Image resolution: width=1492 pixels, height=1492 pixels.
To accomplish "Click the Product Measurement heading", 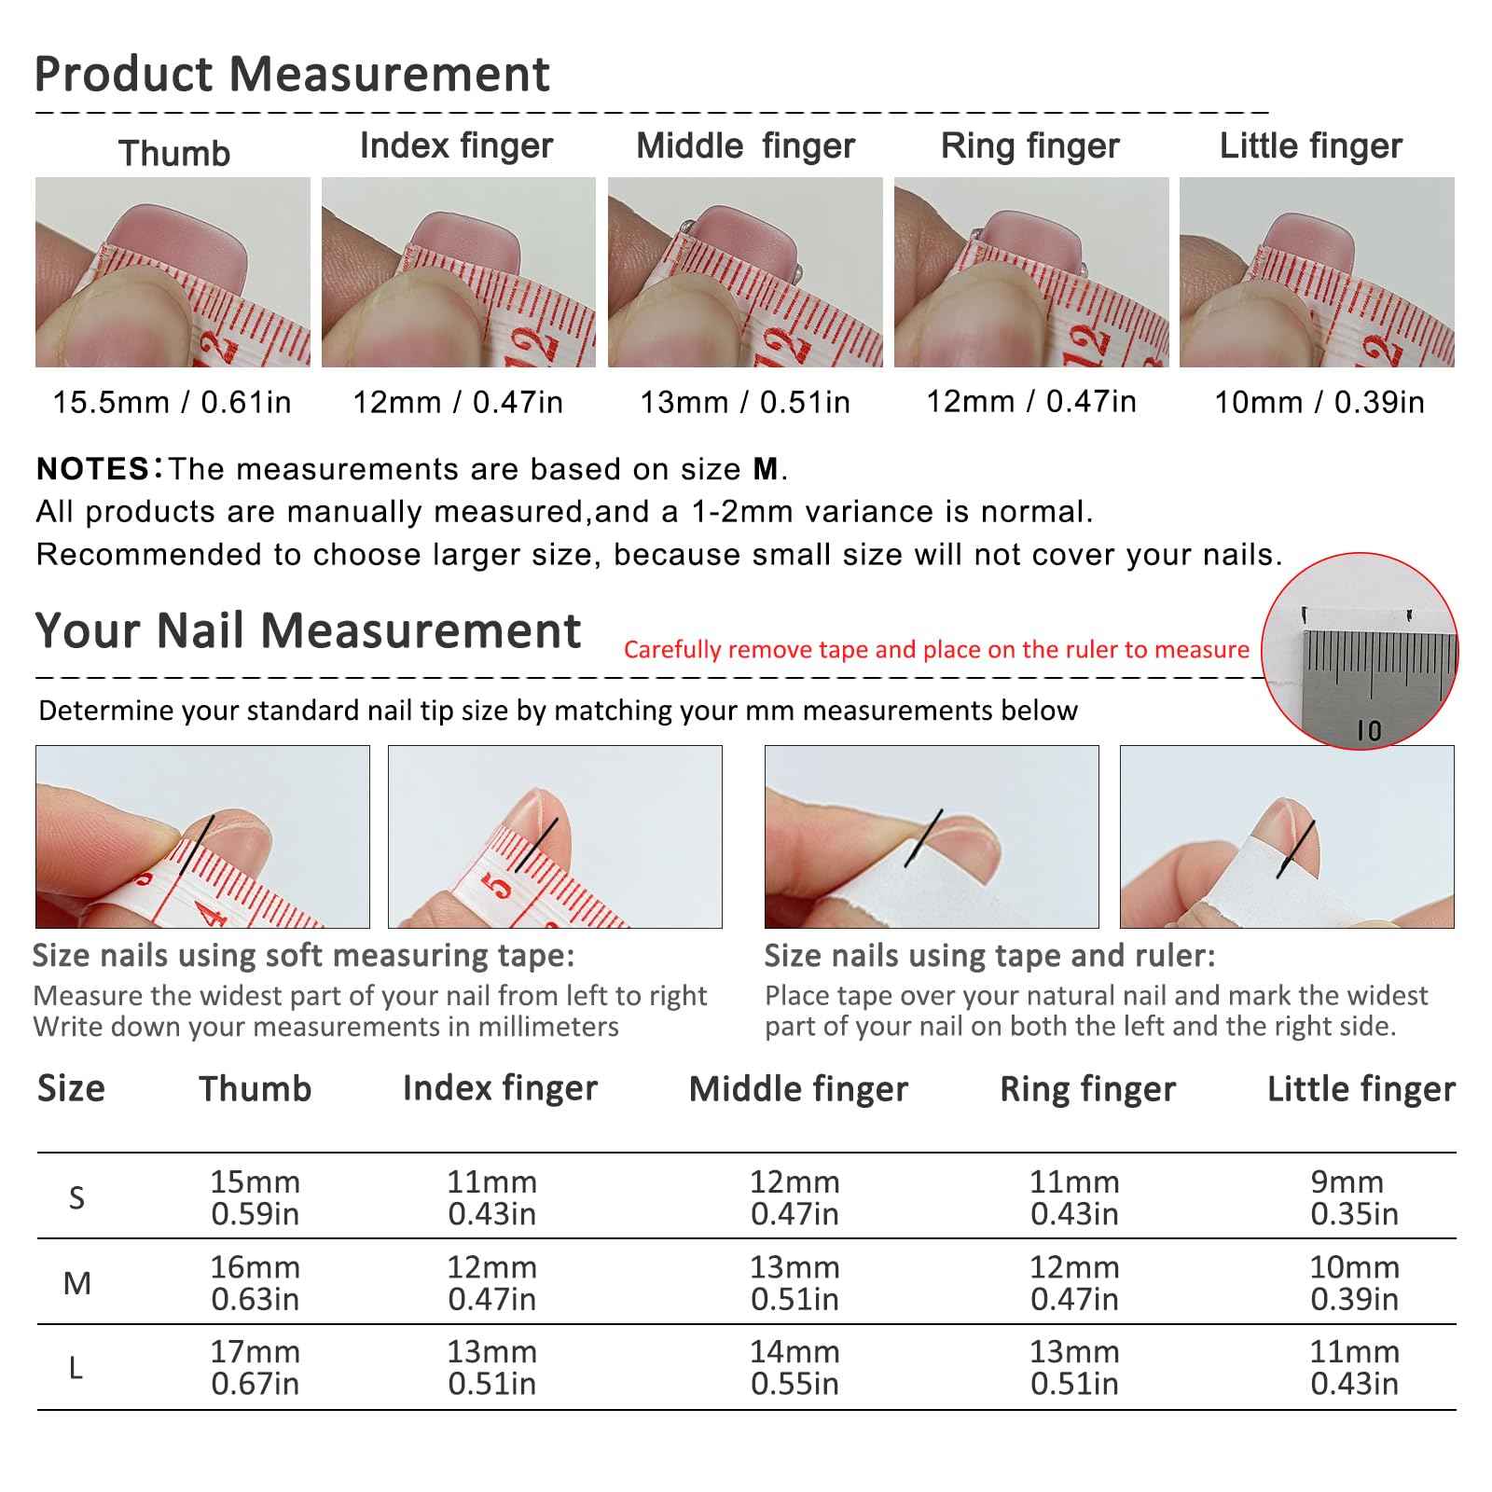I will pyautogui.click(x=291, y=75).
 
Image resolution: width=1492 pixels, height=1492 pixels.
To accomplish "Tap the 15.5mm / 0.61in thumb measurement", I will pyautogui.click(x=173, y=403).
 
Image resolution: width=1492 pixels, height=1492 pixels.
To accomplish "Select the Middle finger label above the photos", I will pyautogui.click(x=745, y=146).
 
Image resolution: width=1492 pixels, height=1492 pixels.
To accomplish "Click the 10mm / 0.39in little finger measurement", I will pyautogui.click(x=1319, y=403).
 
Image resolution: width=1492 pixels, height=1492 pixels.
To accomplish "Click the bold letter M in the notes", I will pyautogui.click(x=765, y=469).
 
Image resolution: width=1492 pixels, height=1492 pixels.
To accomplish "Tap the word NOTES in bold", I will pyautogui.click(x=92, y=469).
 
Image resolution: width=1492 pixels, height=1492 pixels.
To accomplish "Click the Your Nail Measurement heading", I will pyautogui.click(x=308, y=631).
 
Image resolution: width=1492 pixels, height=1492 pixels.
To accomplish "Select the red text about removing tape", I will pyautogui.click(x=936, y=650).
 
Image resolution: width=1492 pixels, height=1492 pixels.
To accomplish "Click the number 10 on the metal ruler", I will pyautogui.click(x=1369, y=730).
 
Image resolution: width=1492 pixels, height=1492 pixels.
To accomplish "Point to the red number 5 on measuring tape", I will pyautogui.click(x=501, y=888).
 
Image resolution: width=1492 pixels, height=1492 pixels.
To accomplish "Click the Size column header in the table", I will pyautogui.click(x=71, y=1089).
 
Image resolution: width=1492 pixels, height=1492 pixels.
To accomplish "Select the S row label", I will pyautogui.click(x=76, y=1197).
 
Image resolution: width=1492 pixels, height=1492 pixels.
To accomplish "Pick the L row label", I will pyautogui.click(x=76, y=1369).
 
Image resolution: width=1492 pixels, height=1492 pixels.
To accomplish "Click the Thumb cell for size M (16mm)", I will pyautogui.click(x=255, y=1283).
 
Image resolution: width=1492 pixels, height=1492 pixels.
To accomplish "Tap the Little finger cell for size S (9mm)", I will pyautogui.click(x=1353, y=1197).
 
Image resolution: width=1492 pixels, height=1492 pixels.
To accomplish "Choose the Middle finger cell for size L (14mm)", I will pyautogui.click(x=794, y=1367).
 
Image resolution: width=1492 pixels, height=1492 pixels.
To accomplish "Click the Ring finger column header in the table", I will pyautogui.click(x=1087, y=1089).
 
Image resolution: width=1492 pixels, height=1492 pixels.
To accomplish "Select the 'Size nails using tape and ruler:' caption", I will pyautogui.click(x=989, y=956).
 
